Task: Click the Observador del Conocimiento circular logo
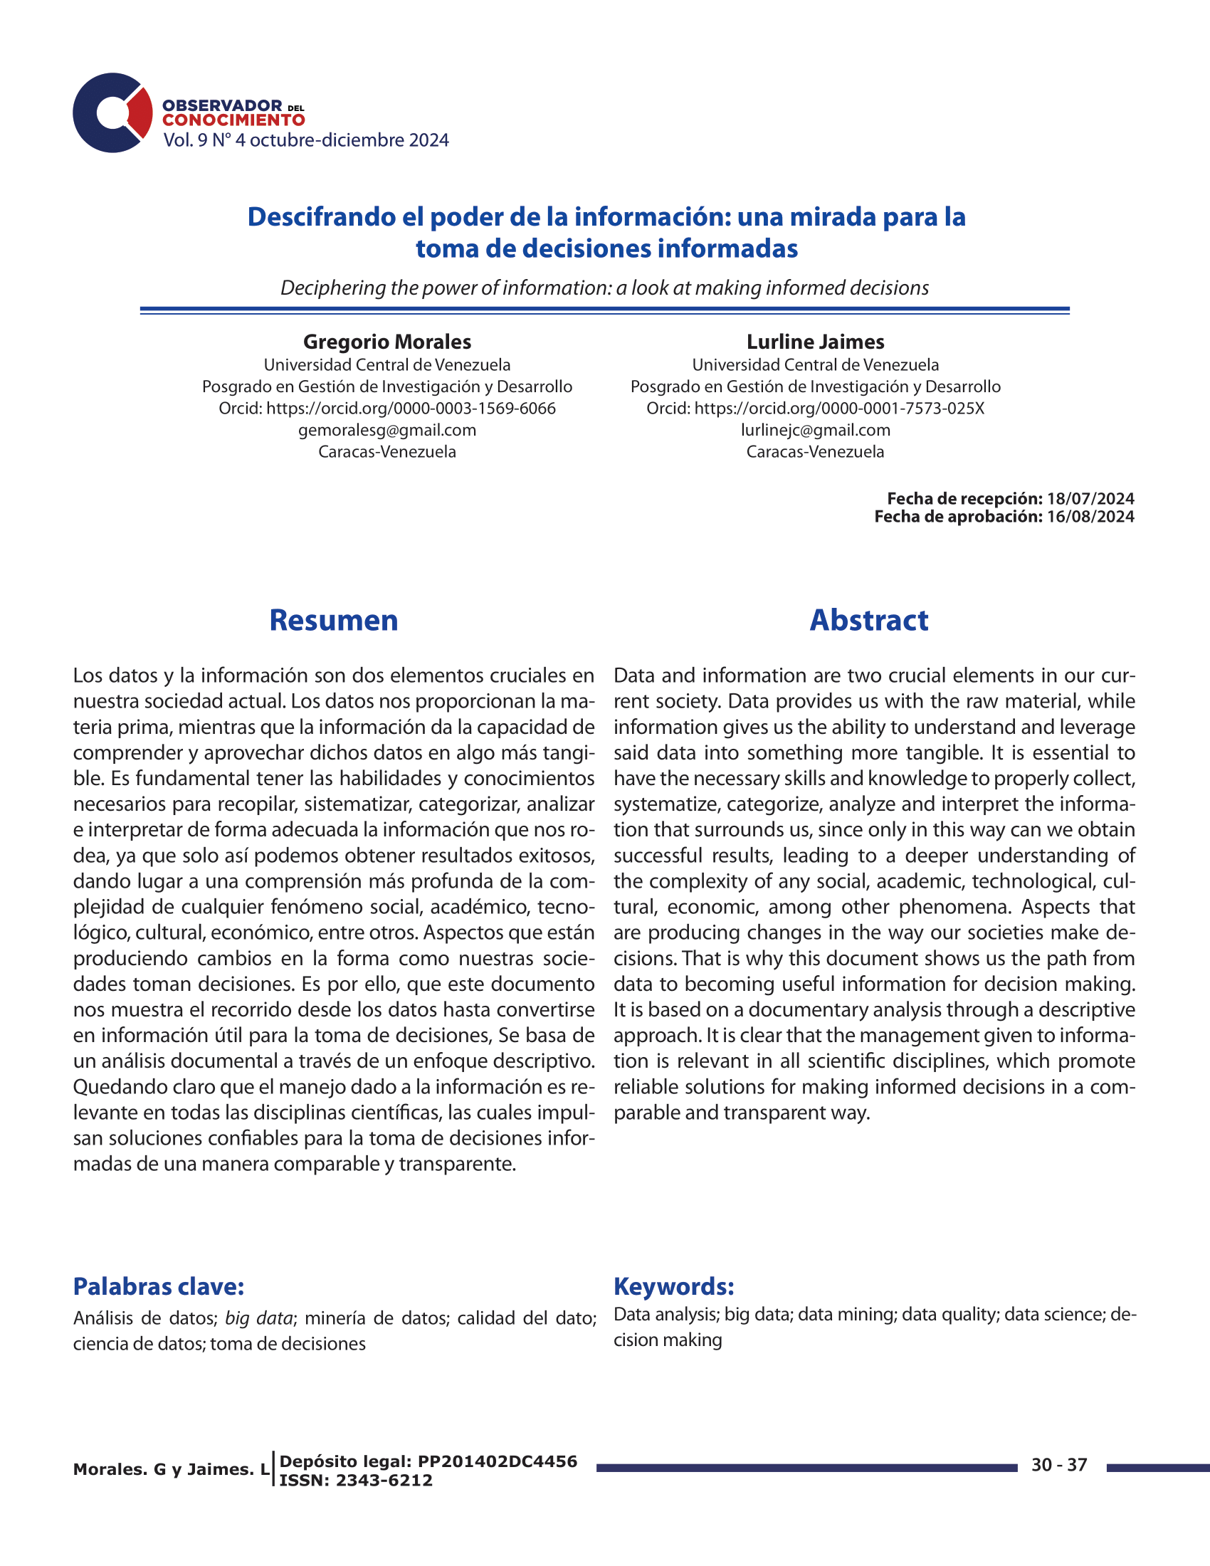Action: coord(112,112)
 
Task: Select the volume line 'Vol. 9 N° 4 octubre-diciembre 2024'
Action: coord(306,140)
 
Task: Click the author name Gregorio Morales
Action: coord(387,342)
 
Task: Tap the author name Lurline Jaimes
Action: coord(815,342)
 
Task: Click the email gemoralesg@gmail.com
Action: coord(387,430)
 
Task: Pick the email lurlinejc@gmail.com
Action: coord(815,430)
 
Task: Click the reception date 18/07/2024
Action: coord(1090,498)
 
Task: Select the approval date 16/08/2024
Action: coord(1090,517)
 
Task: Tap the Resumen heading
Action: coord(333,620)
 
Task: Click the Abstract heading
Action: coord(869,620)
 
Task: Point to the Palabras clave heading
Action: coord(159,1286)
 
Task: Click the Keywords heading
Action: coord(674,1286)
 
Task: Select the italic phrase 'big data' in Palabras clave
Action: coord(259,1318)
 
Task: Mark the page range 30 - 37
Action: coord(1059,1465)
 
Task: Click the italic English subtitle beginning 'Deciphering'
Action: coord(604,288)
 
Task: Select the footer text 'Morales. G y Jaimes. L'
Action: coord(172,1469)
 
